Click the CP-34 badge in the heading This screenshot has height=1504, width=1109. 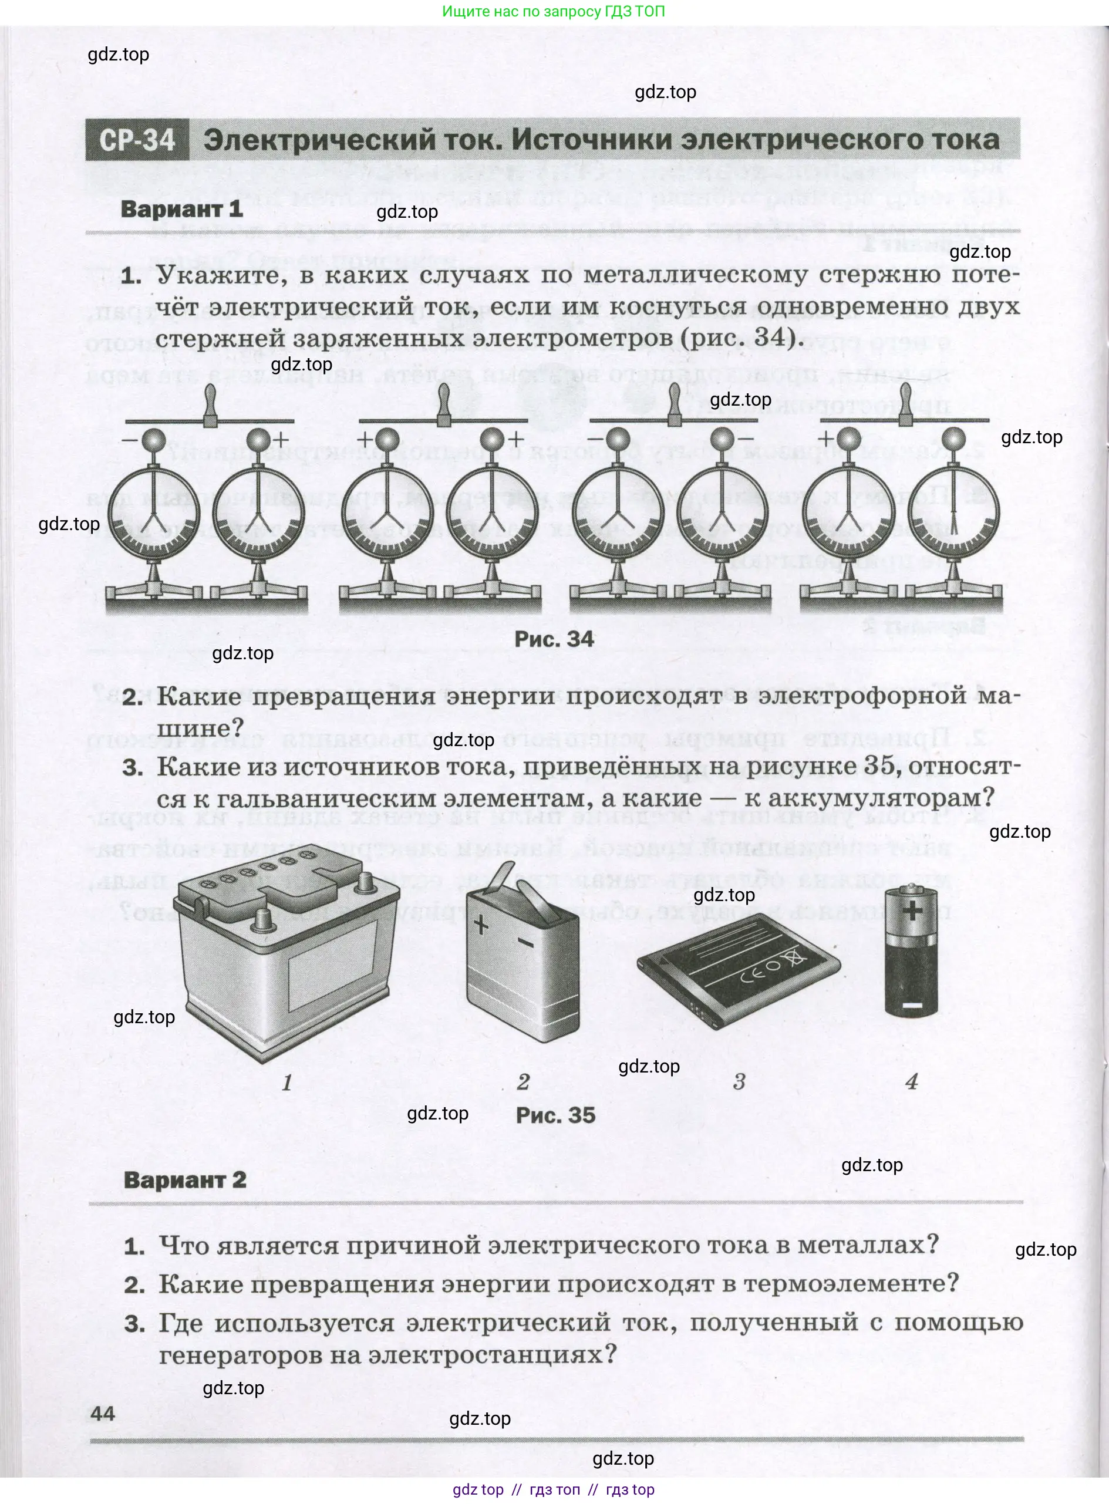coord(137,140)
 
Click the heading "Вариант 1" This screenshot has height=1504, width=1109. coord(181,209)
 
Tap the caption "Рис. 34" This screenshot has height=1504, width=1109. coord(554,639)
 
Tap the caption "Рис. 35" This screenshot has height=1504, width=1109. coord(555,1115)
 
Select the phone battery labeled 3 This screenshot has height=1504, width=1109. coord(739,967)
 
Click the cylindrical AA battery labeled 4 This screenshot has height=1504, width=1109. coord(911,952)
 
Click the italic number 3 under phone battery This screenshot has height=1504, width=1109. coord(739,1081)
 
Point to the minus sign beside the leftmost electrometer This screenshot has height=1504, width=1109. coord(130,440)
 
